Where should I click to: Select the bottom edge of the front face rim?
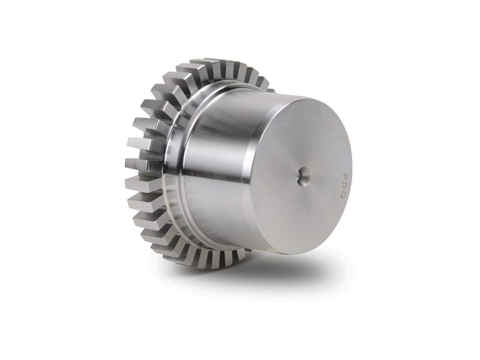(300, 252)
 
